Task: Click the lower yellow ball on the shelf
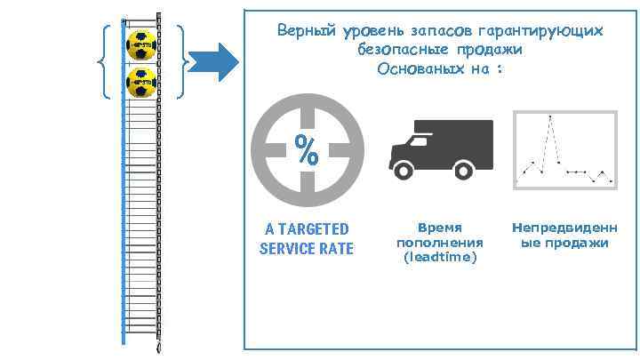pos(140,81)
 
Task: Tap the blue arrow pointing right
pos(216,61)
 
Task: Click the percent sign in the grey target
pos(308,151)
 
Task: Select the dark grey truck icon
pos(441,147)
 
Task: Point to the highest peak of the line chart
pos(550,117)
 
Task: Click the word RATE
pos(337,248)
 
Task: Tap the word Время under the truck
pos(440,228)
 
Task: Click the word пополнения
pos(440,242)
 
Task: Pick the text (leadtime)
pos(440,256)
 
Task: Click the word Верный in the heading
pos(305,31)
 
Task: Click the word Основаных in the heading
pos(415,68)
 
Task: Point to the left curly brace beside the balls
pos(103,61)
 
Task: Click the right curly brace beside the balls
pos(183,61)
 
